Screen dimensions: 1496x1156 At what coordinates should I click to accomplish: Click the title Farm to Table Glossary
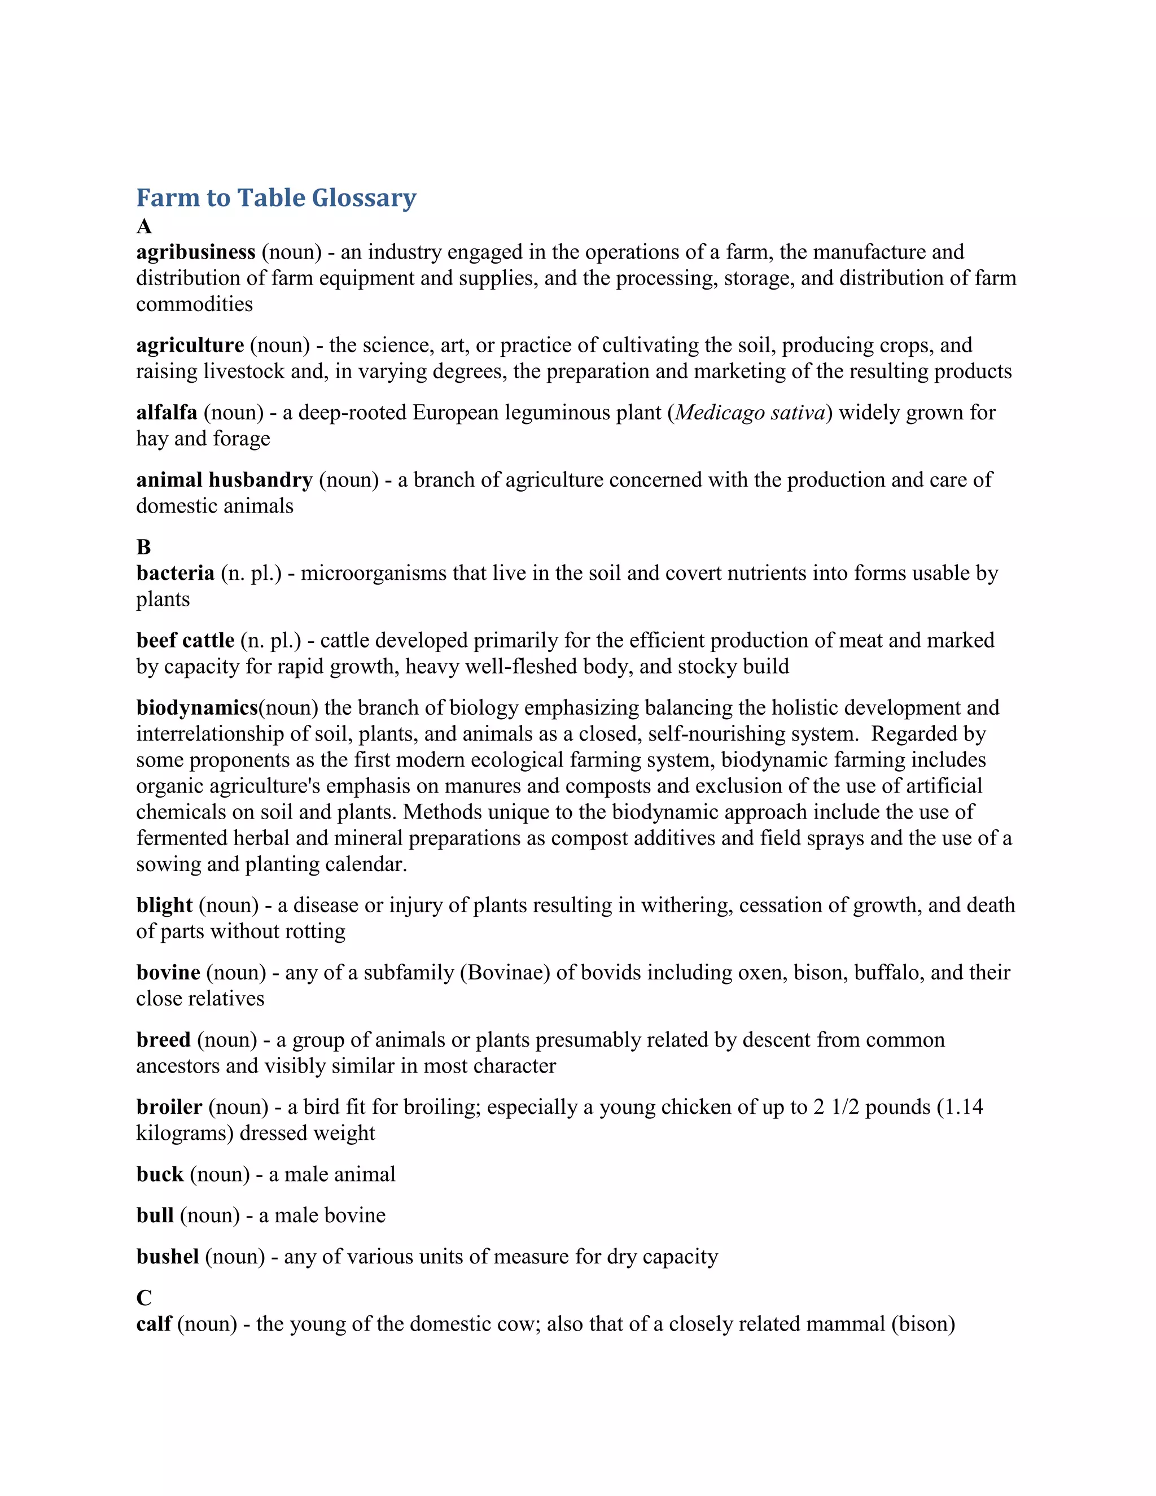(x=276, y=198)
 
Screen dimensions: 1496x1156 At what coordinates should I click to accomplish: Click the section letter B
(x=143, y=547)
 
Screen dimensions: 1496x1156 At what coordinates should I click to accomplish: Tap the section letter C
(x=144, y=1298)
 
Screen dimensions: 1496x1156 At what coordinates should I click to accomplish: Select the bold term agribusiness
(x=196, y=253)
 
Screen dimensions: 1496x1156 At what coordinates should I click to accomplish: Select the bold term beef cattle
(x=185, y=641)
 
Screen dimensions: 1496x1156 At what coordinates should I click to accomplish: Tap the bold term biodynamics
(x=196, y=707)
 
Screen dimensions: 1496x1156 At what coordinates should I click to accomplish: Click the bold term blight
(x=164, y=906)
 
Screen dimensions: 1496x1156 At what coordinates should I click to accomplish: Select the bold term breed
(x=163, y=1040)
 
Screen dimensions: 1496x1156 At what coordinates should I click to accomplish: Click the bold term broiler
(x=169, y=1107)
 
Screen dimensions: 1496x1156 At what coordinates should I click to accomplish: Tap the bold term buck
(x=160, y=1174)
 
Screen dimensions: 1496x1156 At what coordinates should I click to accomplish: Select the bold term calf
(x=154, y=1324)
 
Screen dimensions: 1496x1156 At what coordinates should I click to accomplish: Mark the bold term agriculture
(x=190, y=346)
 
